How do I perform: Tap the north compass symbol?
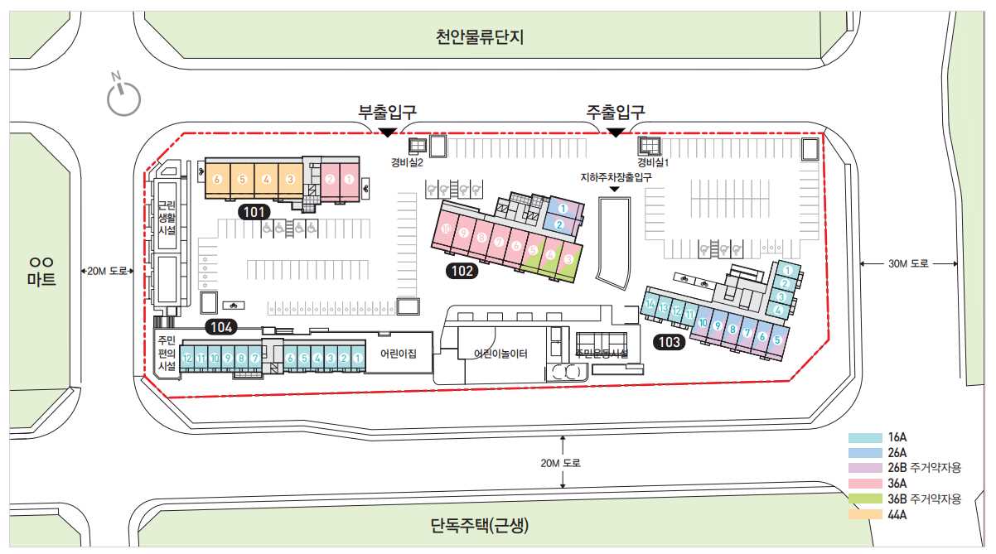pyautogui.click(x=123, y=96)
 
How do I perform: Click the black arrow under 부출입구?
pyautogui.click(x=386, y=132)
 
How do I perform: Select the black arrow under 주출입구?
pyautogui.click(x=616, y=132)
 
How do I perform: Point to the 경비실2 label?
pyautogui.click(x=408, y=164)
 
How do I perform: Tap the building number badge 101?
pyautogui.click(x=254, y=212)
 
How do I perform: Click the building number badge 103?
pyautogui.click(x=669, y=341)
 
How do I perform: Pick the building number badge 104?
pyautogui.click(x=221, y=327)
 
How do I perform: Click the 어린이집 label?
pyautogui.click(x=398, y=354)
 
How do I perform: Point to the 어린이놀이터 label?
pyautogui.click(x=500, y=354)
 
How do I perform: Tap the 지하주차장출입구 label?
pyautogui.click(x=616, y=177)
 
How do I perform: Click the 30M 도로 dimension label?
pyautogui.click(x=909, y=264)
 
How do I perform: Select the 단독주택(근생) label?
pyautogui.click(x=480, y=525)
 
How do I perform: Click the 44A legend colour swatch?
pyautogui.click(x=864, y=514)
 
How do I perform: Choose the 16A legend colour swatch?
pyautogui.click(x=864, y=437)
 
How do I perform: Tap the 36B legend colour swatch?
pyautogui.click(x=864, y=499)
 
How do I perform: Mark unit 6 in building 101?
pyautogui.click(x=217, y=179)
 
